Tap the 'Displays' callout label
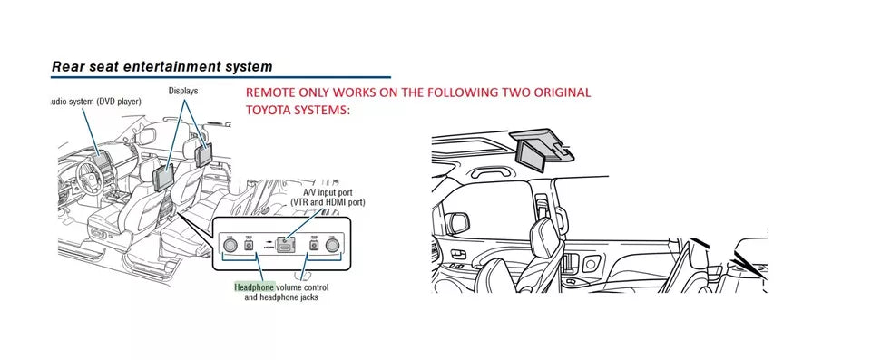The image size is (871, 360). (183, 92)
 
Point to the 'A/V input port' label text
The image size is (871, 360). (330, 192)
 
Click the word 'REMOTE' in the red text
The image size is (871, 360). (273, 93)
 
